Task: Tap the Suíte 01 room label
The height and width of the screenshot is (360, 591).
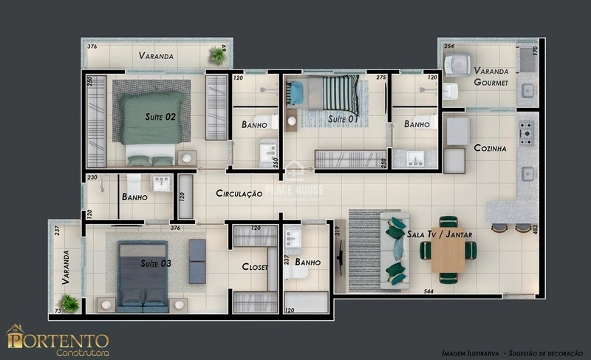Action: (x=343, y=118)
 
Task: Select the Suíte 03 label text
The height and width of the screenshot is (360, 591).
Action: (x=155, y=263)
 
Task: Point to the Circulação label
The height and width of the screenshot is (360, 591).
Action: (x=239, y=194)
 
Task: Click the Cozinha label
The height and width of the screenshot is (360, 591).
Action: (x=490, y=148)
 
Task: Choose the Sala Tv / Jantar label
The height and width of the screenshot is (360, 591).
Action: (x=439, y=234)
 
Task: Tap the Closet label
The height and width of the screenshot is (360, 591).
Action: (x=255, y=267)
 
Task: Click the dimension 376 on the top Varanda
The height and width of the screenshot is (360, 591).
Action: (x=92, y=47)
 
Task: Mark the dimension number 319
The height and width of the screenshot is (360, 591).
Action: (x=338, y=231)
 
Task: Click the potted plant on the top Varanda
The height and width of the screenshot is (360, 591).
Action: (x=217, y=55)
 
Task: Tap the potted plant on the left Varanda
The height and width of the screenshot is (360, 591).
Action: (x=69, y=302)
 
